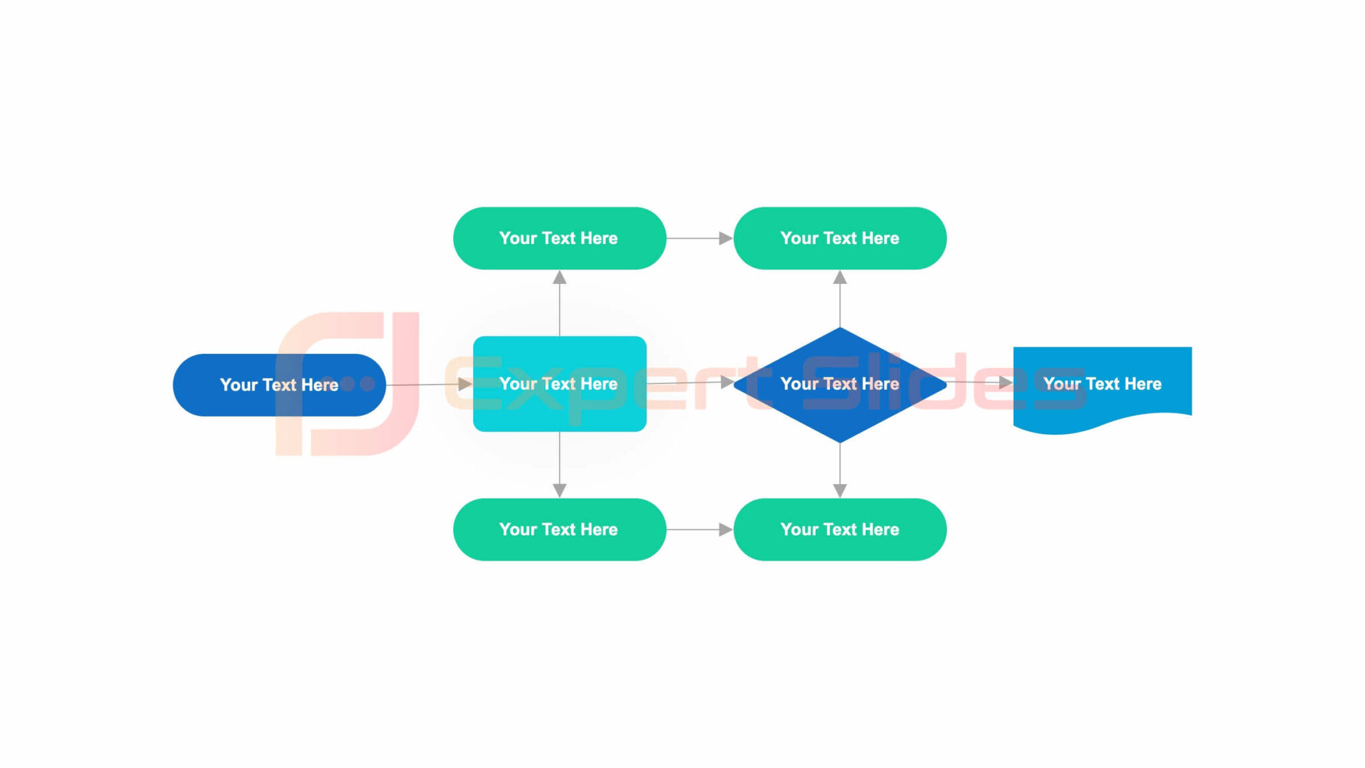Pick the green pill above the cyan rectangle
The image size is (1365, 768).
(x=559, y=238)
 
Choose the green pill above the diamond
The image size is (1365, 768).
(x=840, y=238)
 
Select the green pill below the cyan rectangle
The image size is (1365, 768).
(x=559, y=529)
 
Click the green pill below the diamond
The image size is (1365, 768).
(x=840, y=529)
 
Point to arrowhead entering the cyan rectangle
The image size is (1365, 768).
(x=465, y=384)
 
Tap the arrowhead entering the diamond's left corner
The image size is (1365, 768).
(x=727, y=383)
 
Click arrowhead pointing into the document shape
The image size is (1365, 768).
(x=1006, y=383)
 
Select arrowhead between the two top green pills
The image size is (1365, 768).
(x=726, y=238)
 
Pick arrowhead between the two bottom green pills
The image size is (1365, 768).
(x=726, y=529)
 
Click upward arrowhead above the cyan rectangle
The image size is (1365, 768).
(x=560, y=277)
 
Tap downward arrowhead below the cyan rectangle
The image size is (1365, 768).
(x=560, y=491)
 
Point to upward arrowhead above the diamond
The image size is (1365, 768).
(x=840, y=277)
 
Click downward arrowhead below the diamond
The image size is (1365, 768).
(x=840, y=491)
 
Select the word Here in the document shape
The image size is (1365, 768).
(x=1142, y=384)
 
